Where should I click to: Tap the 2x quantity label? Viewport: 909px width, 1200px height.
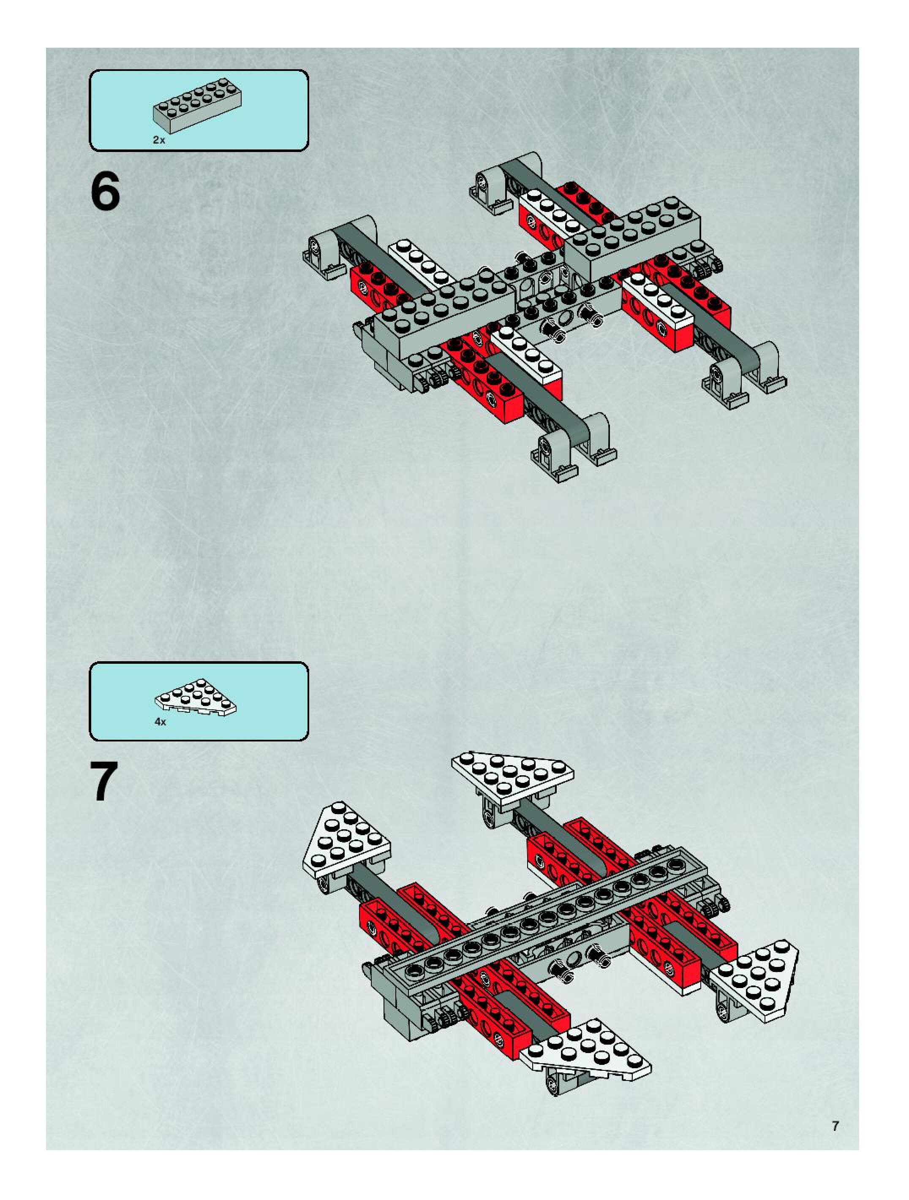pos(158,140)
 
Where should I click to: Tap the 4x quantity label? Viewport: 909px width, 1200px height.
pos(160,722)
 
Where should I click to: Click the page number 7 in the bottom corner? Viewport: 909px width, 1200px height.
pos(835,1126)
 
